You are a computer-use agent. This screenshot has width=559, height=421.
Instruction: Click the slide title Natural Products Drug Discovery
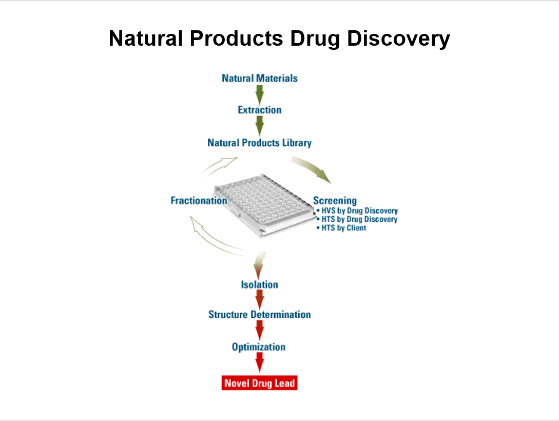pos(279,39)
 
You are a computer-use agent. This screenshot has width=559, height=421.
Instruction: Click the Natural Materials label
pos(259,78)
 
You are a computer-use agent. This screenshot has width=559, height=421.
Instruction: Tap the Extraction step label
pos(259,110)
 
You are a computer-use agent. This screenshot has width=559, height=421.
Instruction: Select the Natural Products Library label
pos(259,142)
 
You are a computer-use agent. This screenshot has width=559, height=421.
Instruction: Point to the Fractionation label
pos(199,200)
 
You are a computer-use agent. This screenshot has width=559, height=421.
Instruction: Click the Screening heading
pos(335,201)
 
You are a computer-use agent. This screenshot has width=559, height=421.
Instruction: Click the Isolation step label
pos(259,284)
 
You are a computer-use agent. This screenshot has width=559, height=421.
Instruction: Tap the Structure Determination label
pos(259,314)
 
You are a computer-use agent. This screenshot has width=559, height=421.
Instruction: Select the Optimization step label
pos(259,347)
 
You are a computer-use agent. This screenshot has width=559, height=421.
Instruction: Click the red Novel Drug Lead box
pos(259,383)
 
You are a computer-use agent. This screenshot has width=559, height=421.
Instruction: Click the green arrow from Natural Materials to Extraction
pos(259,94)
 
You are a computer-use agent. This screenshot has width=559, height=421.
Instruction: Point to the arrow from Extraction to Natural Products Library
pos(259,126)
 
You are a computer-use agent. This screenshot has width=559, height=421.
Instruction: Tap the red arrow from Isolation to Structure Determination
pos(259,299)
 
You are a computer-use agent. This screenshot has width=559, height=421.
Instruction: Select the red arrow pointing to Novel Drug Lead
pos(259,362)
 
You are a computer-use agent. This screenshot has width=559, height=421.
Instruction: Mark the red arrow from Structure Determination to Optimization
pos(259,330)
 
